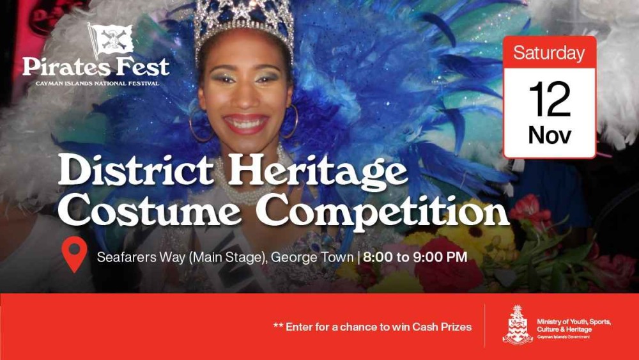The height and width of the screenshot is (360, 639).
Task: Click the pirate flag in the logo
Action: pos(111,39)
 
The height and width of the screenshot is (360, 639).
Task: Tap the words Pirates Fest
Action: pos(96,67)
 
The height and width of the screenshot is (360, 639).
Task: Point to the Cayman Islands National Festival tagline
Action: pos(96,83)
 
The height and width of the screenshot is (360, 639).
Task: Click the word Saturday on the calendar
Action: pos(549,53)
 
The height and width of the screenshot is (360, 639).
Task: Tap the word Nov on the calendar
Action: pos(549,135)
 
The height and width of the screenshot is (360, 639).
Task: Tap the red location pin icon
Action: pos(75,253)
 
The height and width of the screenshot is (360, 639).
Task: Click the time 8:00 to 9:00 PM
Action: pos(415,258)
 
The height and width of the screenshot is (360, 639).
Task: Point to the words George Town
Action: pos(312,258)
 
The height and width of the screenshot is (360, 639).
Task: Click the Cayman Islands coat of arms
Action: pos(517,325)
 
